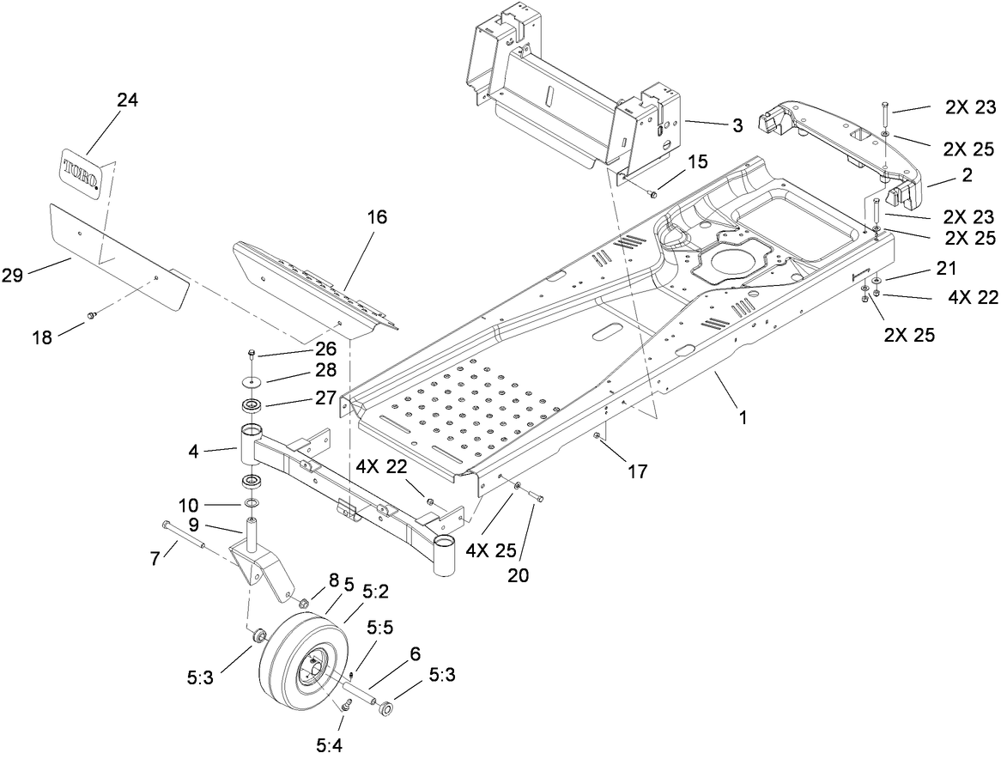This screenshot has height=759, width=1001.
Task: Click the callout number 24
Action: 127,100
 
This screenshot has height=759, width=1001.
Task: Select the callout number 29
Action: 37,274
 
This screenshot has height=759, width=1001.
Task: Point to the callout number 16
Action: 376,216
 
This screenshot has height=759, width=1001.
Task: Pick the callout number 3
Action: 737,126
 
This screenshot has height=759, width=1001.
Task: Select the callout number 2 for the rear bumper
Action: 966,175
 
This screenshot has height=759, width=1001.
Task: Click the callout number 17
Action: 636,471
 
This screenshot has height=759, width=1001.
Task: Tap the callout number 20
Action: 517,575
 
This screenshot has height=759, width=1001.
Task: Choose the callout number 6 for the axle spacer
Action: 415,653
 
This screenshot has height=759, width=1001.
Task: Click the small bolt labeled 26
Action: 251,353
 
